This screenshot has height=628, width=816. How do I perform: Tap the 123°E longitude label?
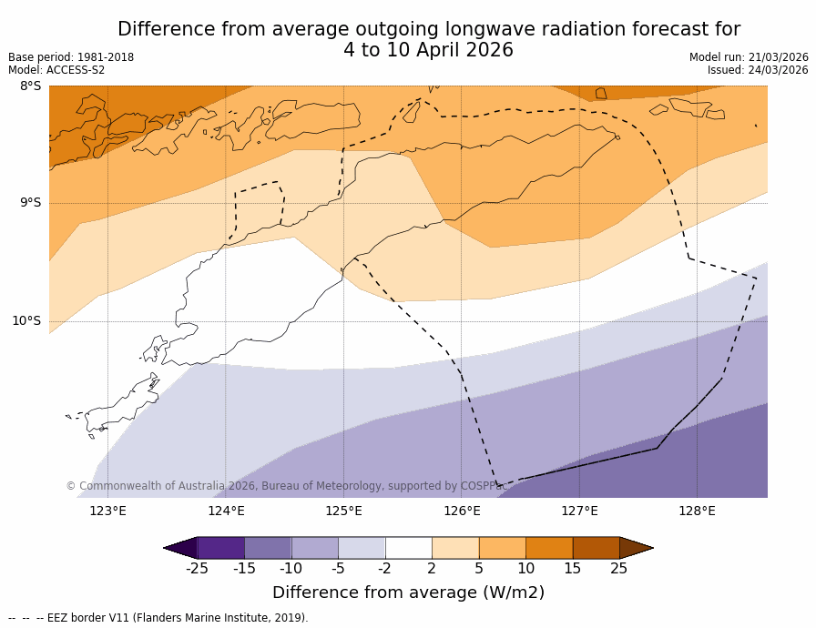pyautogui.click(x=107, y=511)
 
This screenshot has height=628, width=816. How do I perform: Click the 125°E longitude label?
pyautogui.click(x=343, y=511)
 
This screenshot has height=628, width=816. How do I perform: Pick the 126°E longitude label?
pyautogui.click(x=462, y=511)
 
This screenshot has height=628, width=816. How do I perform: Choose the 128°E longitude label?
pyautogui.click(x=697, y=511)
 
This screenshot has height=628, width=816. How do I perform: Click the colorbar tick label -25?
pyautogui.click(x=197, y=569)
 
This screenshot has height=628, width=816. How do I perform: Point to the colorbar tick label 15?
pyautogui.click(x=572, y=569)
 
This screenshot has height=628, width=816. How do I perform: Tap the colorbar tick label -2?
pyautogui.click(x=384, y=569)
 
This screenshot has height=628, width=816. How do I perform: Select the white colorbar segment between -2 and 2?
pyautogui.click(x=408, y=547)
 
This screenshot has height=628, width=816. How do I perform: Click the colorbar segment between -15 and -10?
pyautogui.click(x=268, y=547)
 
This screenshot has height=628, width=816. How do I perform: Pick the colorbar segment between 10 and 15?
pyautogui.click(x=549, y=547)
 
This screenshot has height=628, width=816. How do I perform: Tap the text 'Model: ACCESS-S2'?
pyautogui.click(x=56, y=70)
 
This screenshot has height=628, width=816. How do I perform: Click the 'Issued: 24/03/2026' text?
pyautogui.click(x=758, y=70)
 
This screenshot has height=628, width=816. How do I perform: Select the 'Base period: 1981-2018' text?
pyautogui.click(x=71, y=57)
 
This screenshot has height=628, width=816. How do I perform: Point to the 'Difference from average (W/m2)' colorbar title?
pyautogui.click(x=408, y=593)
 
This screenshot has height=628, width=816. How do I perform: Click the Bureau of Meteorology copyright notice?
pyautogui.click(x=286, y=486)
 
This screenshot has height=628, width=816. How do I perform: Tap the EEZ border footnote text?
pyautogui.click(x=158, y=618)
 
